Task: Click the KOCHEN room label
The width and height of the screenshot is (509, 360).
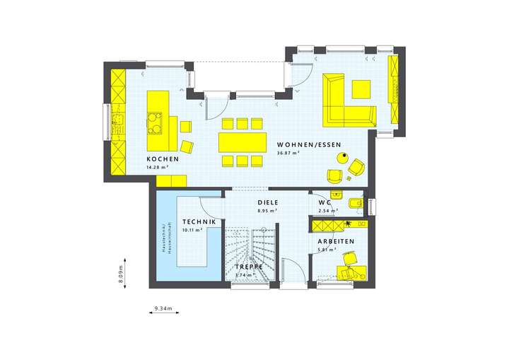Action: pyautogui.click(x=163, y=159)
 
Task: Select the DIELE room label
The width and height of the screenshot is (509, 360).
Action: pyautogui.click(x=267, y=202)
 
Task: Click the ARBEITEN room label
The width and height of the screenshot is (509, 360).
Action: pyautogui.click(x=337, y=240)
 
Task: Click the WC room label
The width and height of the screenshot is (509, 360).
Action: pyautogui.click(x=325, y=202)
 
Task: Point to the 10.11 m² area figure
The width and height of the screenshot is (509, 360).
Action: pyautogui.click(x=192, y=230)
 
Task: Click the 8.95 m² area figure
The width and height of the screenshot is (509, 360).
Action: pyautogui.click(x=267, y=210)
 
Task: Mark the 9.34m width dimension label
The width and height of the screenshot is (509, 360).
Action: pyautogui.click(x=166, y=308)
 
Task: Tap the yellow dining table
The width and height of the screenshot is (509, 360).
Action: pyautogui.click(x=242, y=142)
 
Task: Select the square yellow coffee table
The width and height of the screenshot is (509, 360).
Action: pyautogui.click(x=361, y=89)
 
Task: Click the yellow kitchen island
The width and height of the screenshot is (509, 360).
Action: pyautogui.click(x=158, y=112)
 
